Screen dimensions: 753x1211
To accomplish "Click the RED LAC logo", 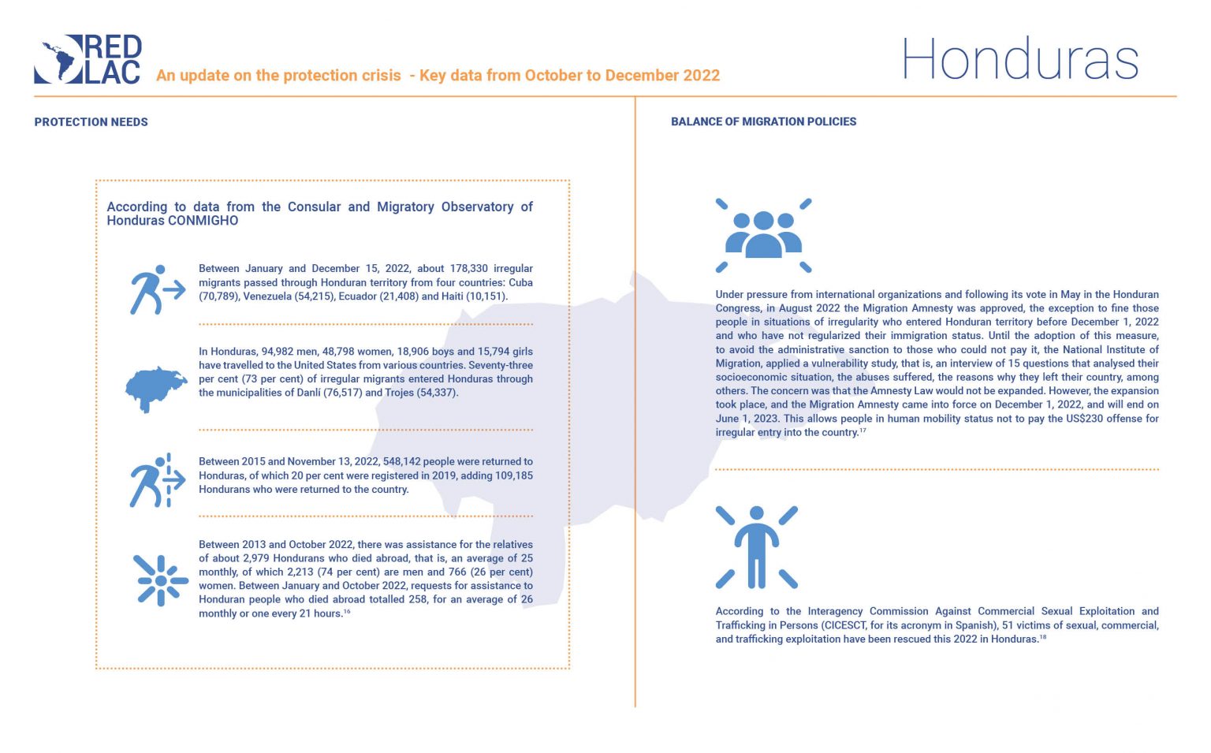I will pos(88,59).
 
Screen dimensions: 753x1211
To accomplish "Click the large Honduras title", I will pos(1020,59).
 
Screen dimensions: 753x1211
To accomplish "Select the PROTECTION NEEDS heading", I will pos(91,122).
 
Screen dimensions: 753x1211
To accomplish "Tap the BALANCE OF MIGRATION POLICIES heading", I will pos(763,121).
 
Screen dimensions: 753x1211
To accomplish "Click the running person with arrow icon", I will pos(157,289).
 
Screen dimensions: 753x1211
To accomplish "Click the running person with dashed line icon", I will pos(157,481).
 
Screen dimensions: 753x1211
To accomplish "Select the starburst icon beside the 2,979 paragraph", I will pos(161,580).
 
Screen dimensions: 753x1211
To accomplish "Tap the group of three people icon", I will pos(763,235).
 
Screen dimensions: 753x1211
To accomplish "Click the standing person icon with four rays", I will pos(756,548).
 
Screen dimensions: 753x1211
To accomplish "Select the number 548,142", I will pos(401,462).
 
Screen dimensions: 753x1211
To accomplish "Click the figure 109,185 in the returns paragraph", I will pos(512,476).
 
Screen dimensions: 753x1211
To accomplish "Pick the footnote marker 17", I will pos(863,431).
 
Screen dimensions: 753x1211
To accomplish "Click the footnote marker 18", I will pos(1043,637).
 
